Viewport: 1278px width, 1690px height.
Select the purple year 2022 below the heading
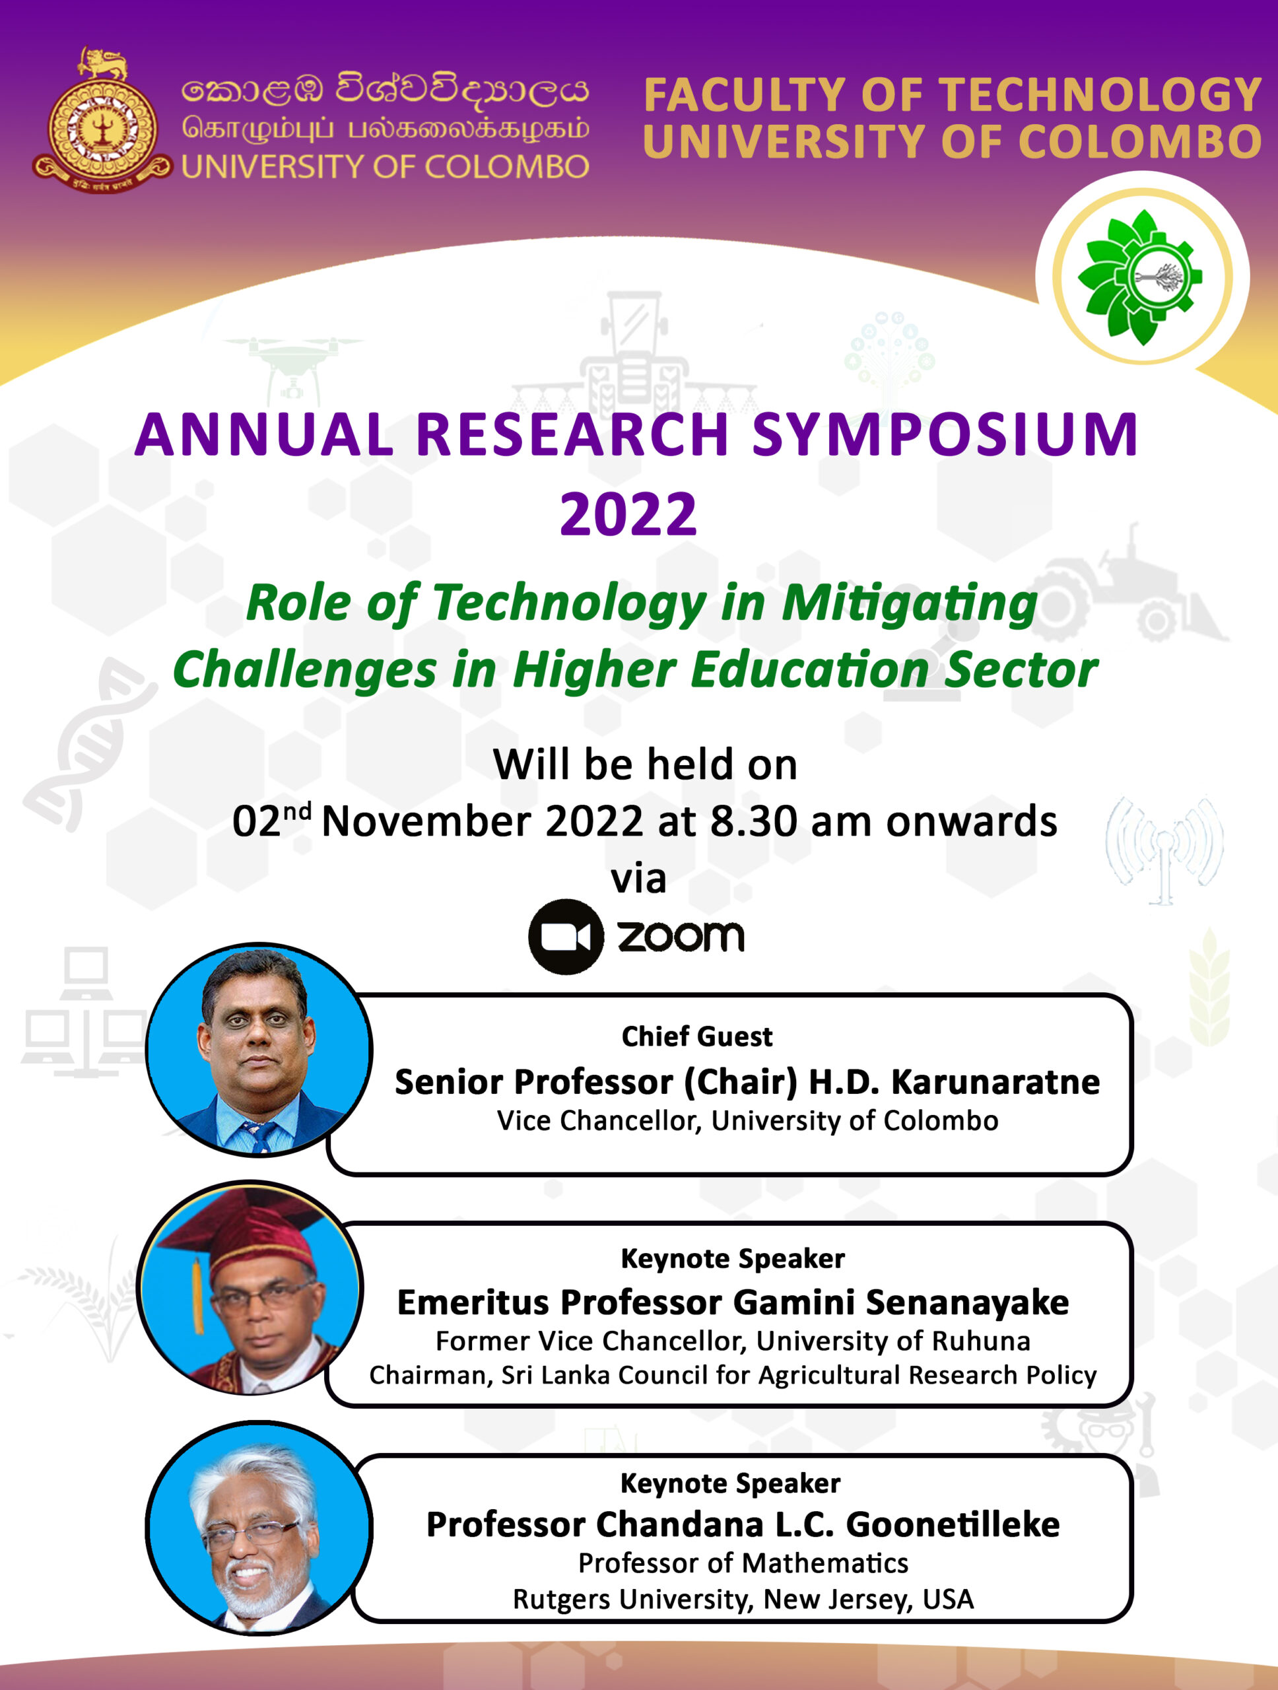(628, 514)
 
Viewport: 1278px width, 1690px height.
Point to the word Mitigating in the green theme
(909, 603)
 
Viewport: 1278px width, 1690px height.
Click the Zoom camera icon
(566, 937)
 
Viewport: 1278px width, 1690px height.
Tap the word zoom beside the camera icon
(680, 937)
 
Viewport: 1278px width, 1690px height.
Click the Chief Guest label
(696, 1036)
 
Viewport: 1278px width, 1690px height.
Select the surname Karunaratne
(995, 1082)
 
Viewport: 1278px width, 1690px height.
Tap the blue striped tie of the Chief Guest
(259, 1135)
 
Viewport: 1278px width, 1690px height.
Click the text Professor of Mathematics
(743, 1563)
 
